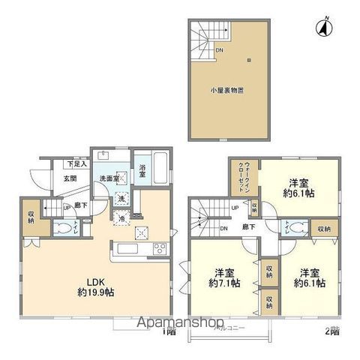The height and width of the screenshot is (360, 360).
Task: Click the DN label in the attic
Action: (219, 50)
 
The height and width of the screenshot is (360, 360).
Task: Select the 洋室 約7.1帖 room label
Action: (223, 277)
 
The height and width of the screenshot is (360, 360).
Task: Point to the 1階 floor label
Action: (172, 329)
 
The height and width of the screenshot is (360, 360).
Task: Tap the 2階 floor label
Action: (332, 329)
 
